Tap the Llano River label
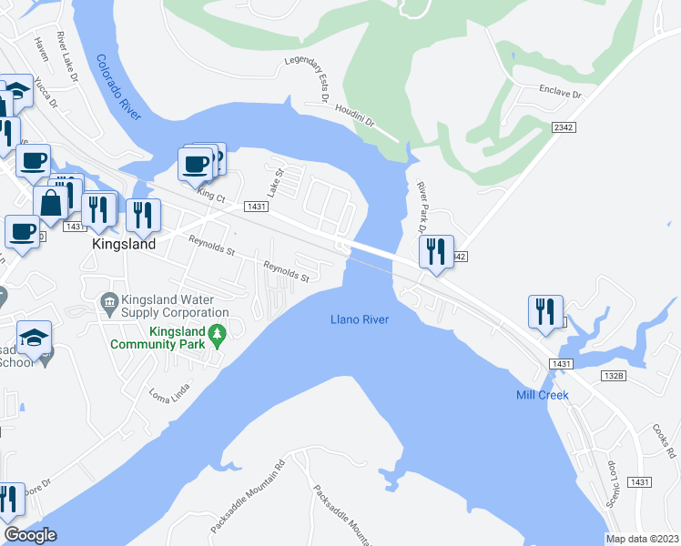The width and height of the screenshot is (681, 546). point(359,319)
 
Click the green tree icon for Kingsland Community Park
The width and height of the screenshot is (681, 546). point(217,337)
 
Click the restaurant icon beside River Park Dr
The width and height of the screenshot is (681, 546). point(436,250)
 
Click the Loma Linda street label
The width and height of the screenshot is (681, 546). point(168,400)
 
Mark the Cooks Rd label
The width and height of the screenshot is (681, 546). point(663,441)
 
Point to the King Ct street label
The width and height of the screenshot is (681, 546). point(210,195)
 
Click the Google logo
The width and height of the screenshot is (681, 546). point(31,535)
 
